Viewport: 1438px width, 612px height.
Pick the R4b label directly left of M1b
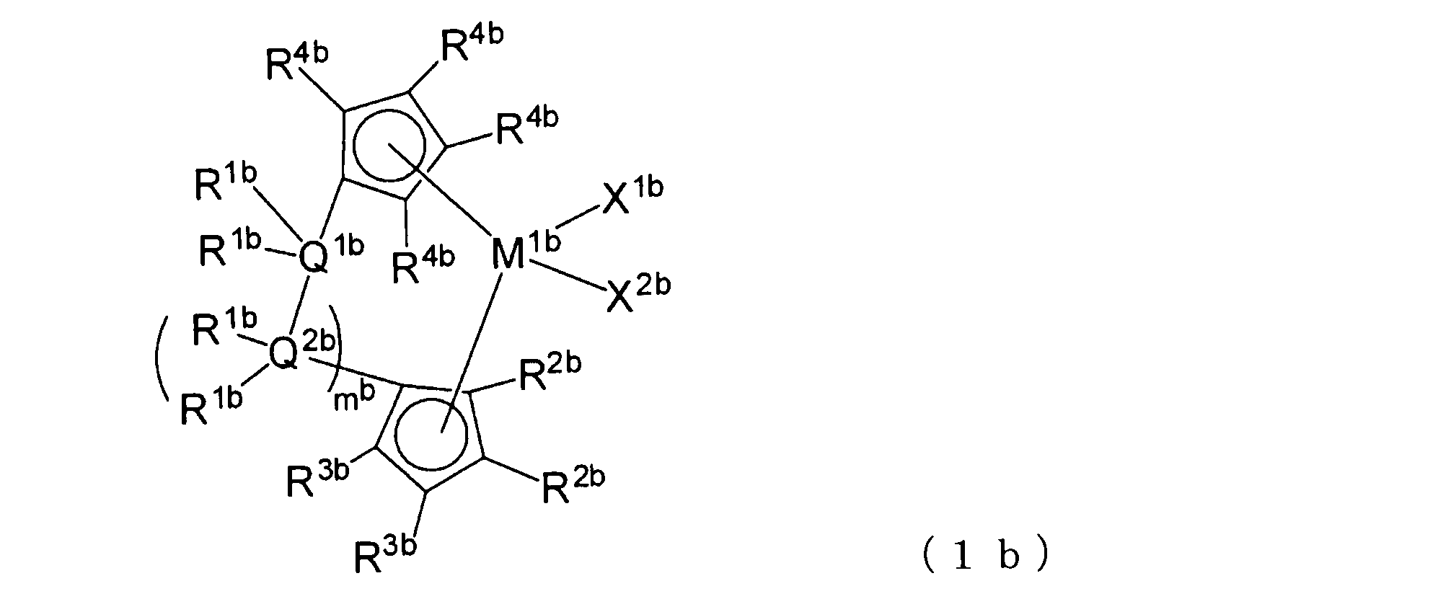(423, 265)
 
